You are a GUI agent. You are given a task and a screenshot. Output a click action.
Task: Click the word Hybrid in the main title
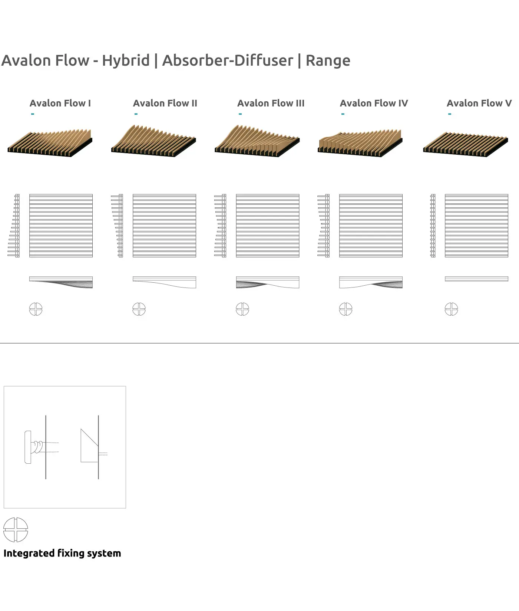click(x=126, y=60)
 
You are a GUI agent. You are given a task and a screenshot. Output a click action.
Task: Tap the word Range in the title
click(x=328, y=60)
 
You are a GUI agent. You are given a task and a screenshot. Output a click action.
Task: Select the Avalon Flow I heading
click(x=60, y=103)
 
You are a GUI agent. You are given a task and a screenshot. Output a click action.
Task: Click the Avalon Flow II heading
click(x=165, y=103)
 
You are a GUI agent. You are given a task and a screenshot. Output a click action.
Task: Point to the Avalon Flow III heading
click(x=271, y=103)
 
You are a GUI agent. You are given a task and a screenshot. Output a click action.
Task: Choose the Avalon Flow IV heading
click(x=374, y=103)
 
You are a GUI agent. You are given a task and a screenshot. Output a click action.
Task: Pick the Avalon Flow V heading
click(x=479, y=103)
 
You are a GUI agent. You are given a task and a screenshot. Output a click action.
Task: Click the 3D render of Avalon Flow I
click(x=50, y=143)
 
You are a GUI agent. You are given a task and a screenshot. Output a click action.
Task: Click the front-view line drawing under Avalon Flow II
click(x=164, y=226)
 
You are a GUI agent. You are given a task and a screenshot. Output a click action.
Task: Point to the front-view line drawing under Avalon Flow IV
click(x=371, y=226)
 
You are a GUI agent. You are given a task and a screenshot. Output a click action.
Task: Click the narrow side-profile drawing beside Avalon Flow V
click(x=433, y=226)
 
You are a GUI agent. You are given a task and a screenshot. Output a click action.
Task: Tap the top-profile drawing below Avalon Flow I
click(x=61, y=282)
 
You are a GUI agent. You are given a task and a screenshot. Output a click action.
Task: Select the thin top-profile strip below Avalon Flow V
click(x=476, y=279)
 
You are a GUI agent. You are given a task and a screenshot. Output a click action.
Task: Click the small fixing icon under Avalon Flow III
click(x=242, y=309)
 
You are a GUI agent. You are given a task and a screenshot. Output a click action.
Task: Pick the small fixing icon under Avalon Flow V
click(x=451, y=309)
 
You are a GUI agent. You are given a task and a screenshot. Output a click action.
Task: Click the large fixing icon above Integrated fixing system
click(x=16, y=530)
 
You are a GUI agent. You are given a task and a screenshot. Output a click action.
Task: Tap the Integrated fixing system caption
click(x=62, y=553)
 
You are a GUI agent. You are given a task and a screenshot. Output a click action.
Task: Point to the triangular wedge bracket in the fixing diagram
click(x=89, y=447)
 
